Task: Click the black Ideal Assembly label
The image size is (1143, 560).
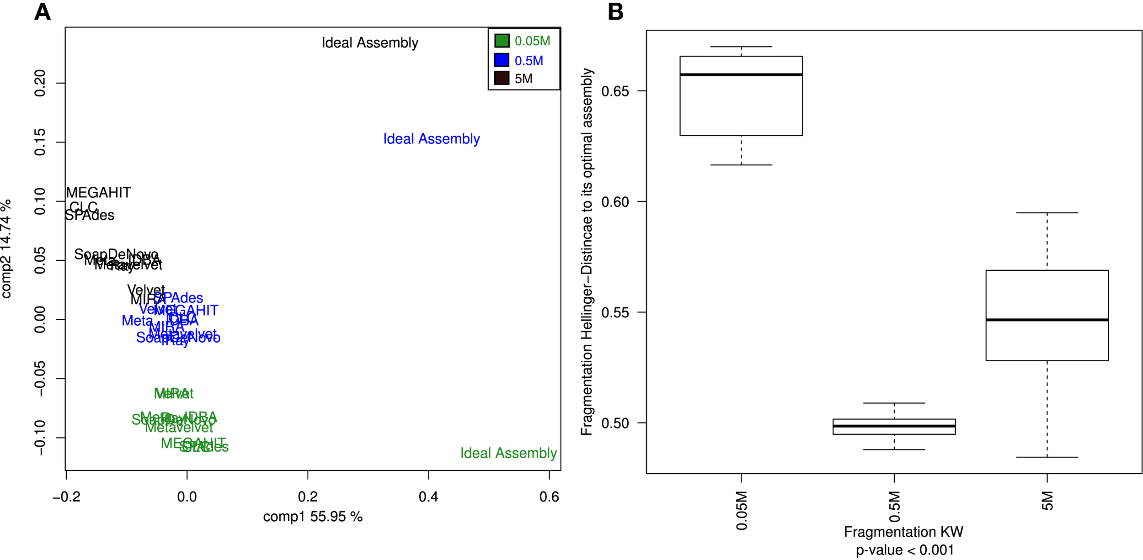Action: pos(369,43)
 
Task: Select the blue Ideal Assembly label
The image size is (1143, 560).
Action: pos(431,139)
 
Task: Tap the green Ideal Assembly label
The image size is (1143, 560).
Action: pos(508,453)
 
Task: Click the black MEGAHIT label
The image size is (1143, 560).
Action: pos(98,193)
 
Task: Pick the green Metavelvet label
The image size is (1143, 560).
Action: pos(179,428)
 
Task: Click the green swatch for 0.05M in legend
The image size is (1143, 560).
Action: pos(502,41)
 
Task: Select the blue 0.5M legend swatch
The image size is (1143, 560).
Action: pos(502,60)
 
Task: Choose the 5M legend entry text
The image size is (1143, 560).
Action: pos(523,79)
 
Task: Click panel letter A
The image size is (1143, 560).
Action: pos(42,12)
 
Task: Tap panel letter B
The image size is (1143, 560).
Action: pos(615,12)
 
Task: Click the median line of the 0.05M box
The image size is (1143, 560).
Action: pos(741,74)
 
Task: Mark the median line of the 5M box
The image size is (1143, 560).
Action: pos(1047,320)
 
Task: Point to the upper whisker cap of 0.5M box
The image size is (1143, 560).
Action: pos(894,403)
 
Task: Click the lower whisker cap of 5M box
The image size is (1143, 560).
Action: pos(1047,457)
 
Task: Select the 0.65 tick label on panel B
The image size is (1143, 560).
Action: pos(615,91)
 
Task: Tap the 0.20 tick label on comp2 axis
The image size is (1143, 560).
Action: pos(40,83)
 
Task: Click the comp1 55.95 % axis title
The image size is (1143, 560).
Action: pos(313,517)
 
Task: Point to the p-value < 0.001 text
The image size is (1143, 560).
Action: pos(904,550)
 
